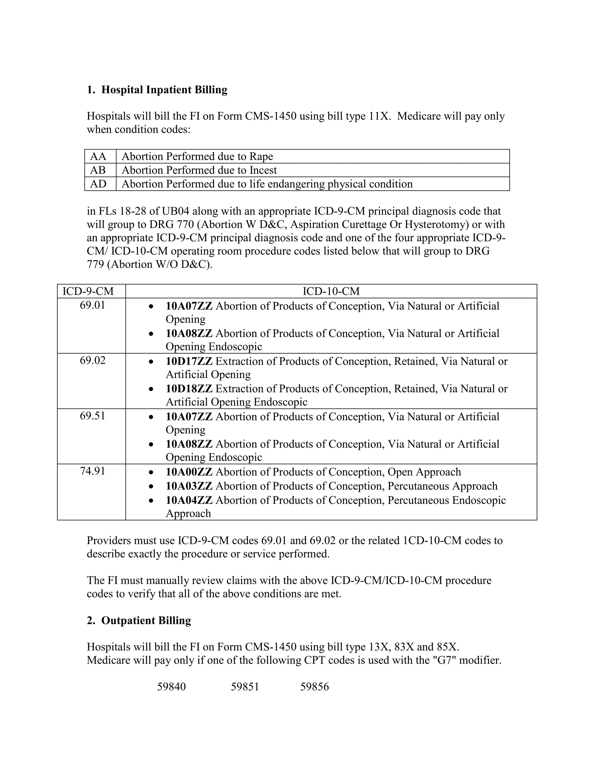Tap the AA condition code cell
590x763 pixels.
click(98, 156)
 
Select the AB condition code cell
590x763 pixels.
click(98, 170)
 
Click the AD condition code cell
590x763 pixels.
click(98, 184)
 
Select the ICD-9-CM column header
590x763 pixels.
click(88, 291)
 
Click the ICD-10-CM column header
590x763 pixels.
click(331, 291)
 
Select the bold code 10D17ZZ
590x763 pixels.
click(189, 361)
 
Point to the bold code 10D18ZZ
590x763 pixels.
click(189, 389)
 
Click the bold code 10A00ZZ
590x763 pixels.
click(189, 472)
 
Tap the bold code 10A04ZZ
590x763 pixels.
click(189, 500)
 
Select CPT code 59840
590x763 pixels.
click(171, 687)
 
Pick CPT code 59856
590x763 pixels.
click(315, 687)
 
